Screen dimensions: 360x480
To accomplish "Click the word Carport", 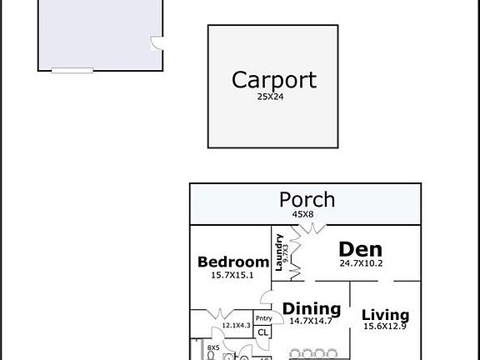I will click(x=273, y=80).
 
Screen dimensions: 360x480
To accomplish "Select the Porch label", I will click(x=307, y=200).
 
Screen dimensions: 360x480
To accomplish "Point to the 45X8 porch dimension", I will click(x=302, y=214).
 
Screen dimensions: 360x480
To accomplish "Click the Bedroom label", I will click(x=233, y=262).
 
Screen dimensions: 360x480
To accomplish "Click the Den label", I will click(x=360, y=249).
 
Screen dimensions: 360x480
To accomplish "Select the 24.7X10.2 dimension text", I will click(x=361, y=264).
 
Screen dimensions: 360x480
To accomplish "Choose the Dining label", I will click(x=312, y=308).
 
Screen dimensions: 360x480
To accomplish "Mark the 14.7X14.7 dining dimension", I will click(x=312, y=321).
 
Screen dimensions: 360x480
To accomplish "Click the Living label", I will click(x=385, y=315).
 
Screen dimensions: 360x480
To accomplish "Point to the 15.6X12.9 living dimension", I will click(x=385, y=327).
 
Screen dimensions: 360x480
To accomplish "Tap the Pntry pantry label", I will click(x=262, y=318).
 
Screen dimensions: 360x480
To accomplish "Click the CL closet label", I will click(x=262, y=332).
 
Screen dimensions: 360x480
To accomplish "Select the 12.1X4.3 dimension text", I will click(x=236, y=326).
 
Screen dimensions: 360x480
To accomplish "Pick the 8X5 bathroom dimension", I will click(x=213, y=347).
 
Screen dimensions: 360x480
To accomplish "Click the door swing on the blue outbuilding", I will click(x=155, y=43).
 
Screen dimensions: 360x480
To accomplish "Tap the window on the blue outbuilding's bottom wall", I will click(x=72, y=70).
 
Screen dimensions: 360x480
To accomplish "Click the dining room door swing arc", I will click(x=268, y=296).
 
